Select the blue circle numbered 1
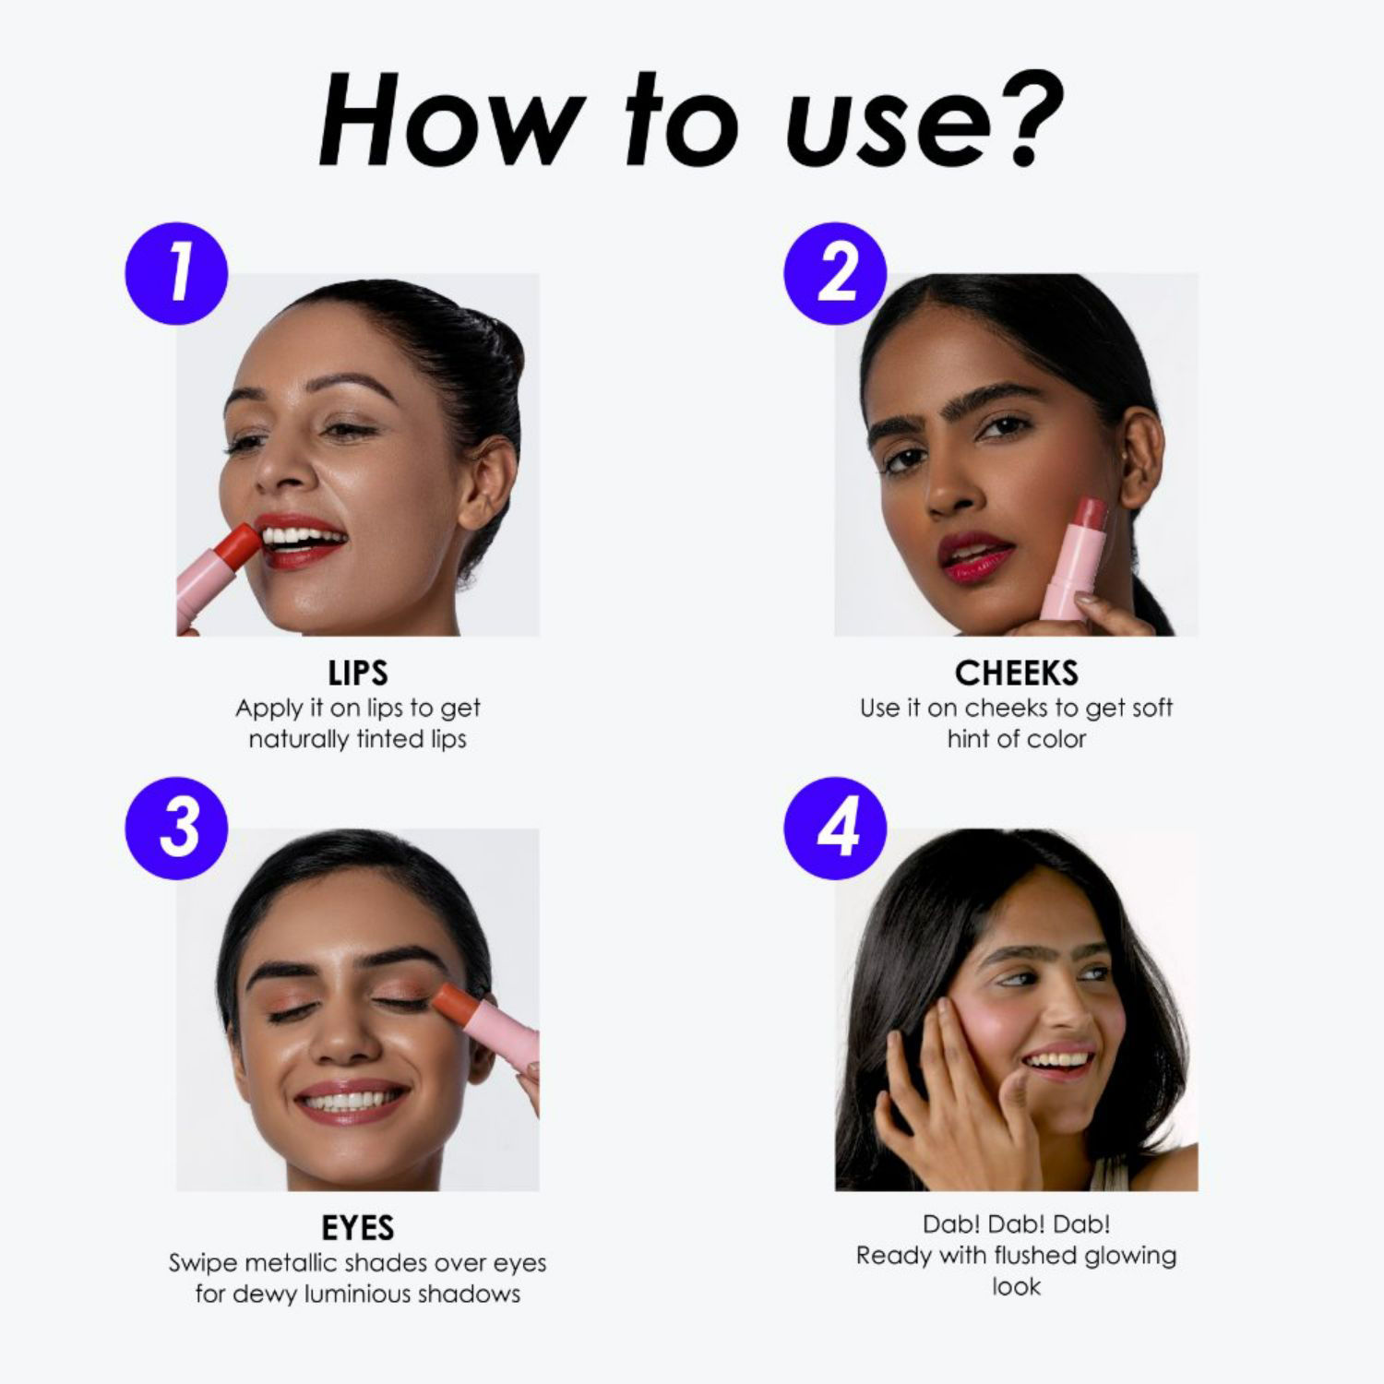click(x=176, y=273)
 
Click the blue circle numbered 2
click(x=835, y=273)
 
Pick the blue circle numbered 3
click(x=176, y=828)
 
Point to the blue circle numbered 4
click(x=835, y=828)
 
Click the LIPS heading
click(x=358, y=674)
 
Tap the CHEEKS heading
click(x=1016, y=674)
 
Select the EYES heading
click(x=358, y=1228)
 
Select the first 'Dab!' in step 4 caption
click(x=950, y=1224)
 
